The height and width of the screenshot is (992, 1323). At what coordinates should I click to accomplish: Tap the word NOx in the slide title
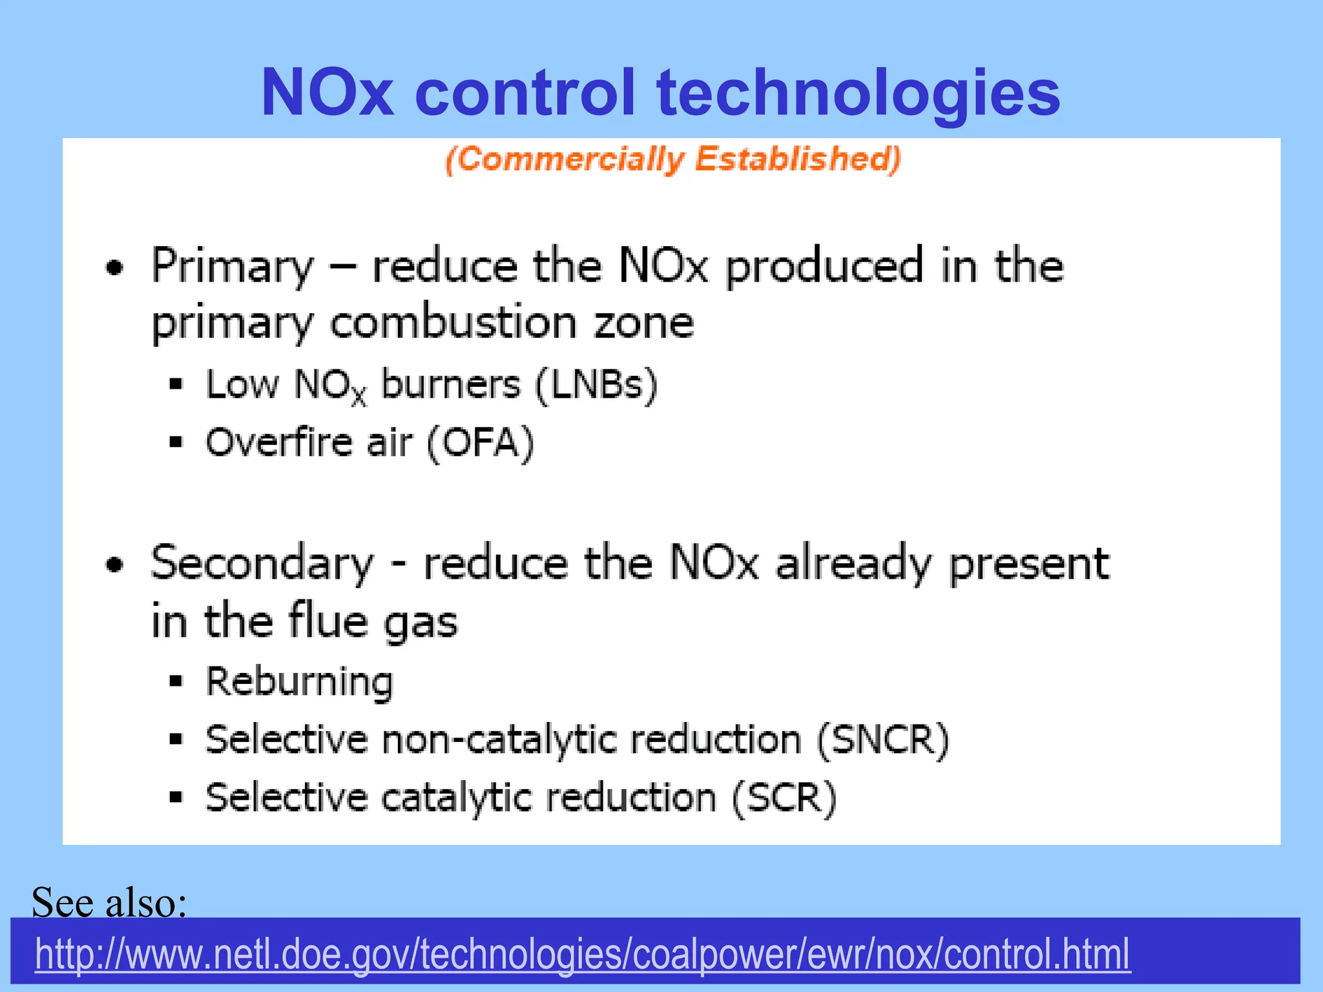pyautogui.click(x=327, y=94)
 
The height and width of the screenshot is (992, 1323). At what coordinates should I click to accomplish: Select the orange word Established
pyautogui.click(x=798, y=159)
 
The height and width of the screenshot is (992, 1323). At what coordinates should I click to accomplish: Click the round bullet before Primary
pyautogui.click(x=114, y=267)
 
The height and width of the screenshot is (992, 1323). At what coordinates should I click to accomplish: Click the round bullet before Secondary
pyautogui.click(x=114, y=564)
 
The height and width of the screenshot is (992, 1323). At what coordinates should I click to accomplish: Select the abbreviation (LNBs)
pyautogui.click(x=596, y=386)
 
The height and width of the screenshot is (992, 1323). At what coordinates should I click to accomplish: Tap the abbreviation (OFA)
pyautogui.click(x=480, y=443)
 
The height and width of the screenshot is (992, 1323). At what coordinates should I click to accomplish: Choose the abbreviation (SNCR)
pyautogui.click(x=882, y=739)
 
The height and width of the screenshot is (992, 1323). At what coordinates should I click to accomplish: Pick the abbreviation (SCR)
pyautogui.click(x=784, y=798)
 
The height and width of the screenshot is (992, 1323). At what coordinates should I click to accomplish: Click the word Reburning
pyautogui.click(x=299, y=682)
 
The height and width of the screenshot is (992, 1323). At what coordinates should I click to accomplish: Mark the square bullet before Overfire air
pyautogui.click(x=176, y=443)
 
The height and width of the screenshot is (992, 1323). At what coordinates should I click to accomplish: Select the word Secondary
pyautogui.click(x=262, y=564)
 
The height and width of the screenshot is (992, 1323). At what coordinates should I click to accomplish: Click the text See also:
pyautogui.click(x=109, y=902)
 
